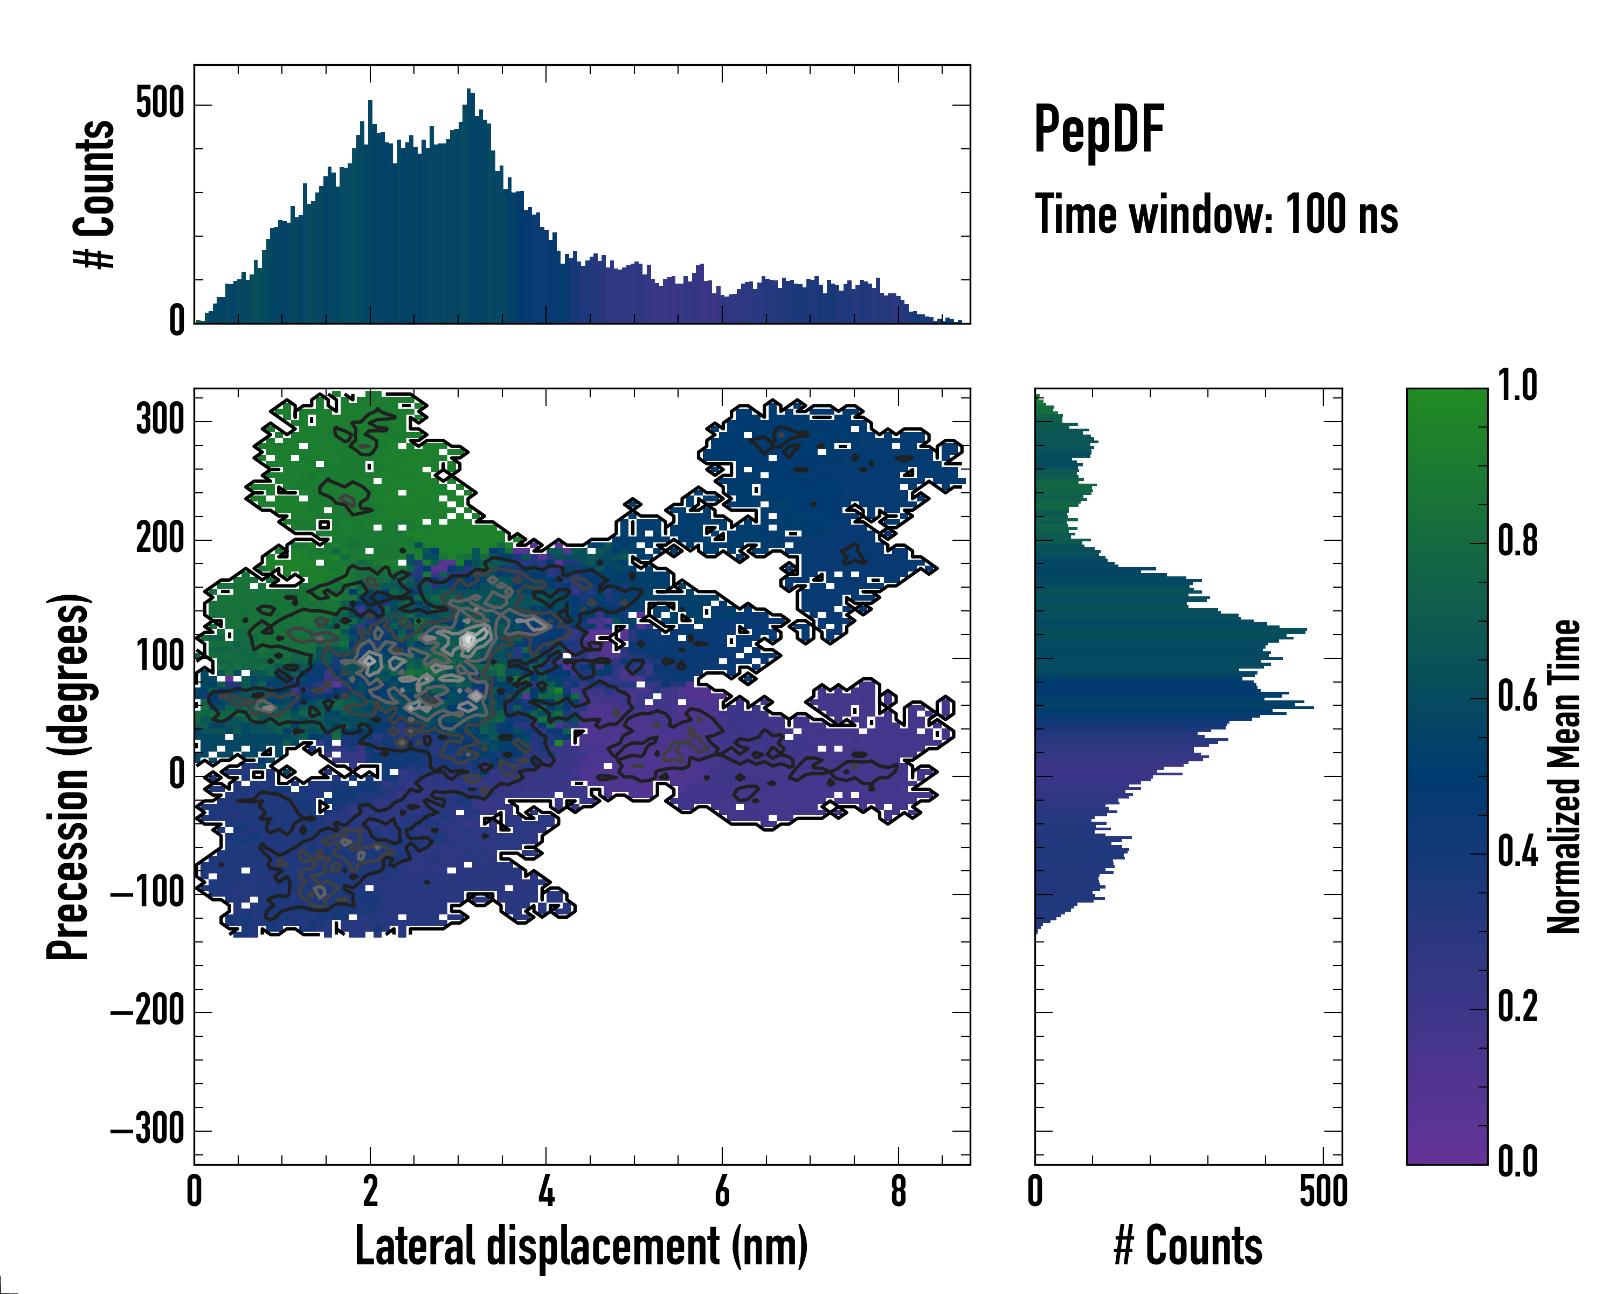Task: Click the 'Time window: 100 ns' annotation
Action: [1216, 215]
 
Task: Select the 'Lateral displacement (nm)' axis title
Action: [581, 1246]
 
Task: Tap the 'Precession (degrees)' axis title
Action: [68, 776]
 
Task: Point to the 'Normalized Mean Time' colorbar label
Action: [1563, 776]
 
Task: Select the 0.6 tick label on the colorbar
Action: [1517, 696]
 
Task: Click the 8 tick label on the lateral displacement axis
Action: [898, 1192]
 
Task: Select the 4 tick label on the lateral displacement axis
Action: [546, 1192]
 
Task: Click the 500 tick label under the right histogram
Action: [1324, 1192]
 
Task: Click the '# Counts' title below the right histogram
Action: [1188, 1246]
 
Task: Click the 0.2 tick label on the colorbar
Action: [1517, 1007]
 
